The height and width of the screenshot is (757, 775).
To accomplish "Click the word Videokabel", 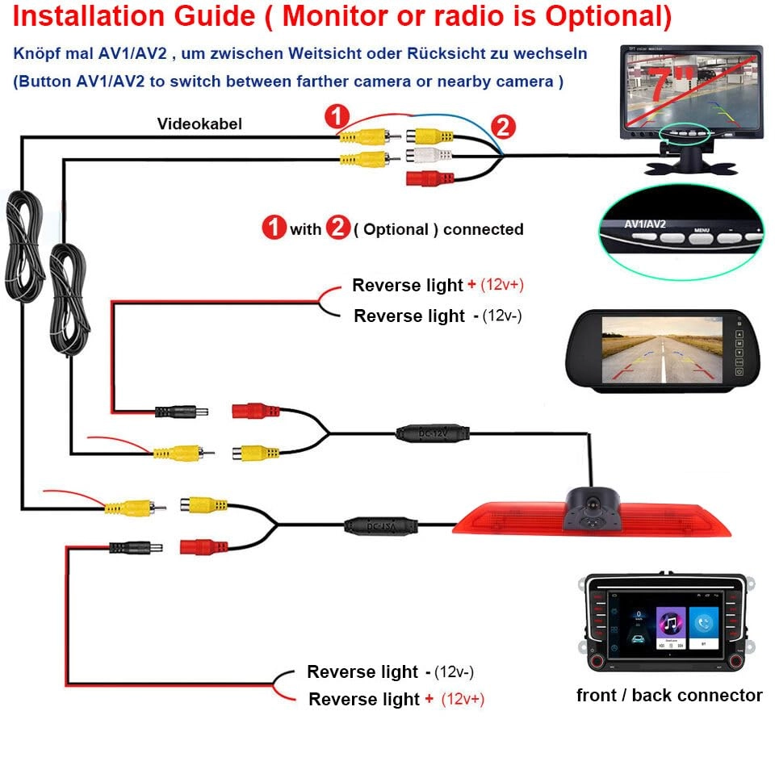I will [199, 123].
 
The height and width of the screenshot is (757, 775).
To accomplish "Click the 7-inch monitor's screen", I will [691, 89].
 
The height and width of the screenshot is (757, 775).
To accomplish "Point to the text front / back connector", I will [669, 695].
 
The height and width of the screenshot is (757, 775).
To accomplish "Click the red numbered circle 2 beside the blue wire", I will [501, 126].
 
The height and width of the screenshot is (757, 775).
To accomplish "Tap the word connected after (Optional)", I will [483, 229].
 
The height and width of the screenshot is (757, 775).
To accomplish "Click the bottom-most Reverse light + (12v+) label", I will [396, 699].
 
